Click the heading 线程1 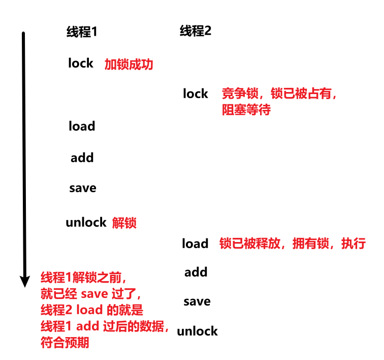point(81,32)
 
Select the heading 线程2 point(196,31)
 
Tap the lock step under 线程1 point(81,63)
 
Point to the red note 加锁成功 point(129,65)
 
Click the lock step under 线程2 point(196,94)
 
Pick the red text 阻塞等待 point(246,110)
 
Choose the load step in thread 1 point(82,126)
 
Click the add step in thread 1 point(82,158)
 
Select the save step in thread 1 point(82,188)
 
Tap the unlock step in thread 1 point(86,222)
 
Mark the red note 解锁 point(124,223)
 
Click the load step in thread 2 point(195,244)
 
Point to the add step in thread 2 point(196,272)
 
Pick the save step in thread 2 point(197,302)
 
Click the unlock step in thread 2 point(197,332)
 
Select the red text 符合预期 point(65,343)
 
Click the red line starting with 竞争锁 point(280,94)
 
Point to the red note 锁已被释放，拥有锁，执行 point(292,244)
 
